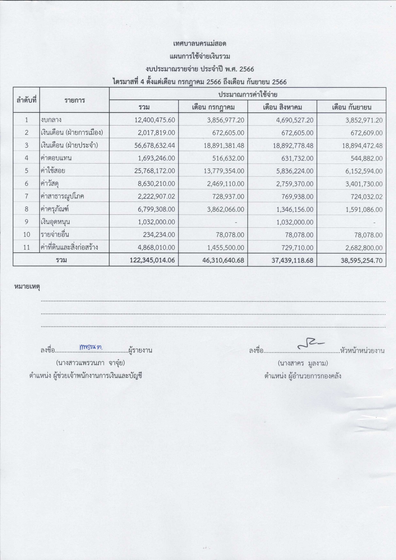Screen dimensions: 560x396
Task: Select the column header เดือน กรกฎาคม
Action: (x=213, y=107)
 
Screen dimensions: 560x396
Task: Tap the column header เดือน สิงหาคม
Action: (x=282, y=107)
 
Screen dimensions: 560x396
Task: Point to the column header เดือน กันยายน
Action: (x=351, y=107)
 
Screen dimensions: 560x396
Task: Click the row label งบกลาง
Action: (x=51, y=120)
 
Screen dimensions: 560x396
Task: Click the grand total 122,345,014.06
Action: (x=152, y=260)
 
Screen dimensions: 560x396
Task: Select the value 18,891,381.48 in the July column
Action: (x=224, y=146)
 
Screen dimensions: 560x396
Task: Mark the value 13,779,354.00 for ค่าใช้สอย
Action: (x=224, y=171)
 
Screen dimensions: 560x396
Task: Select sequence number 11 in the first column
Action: (x=27, y=248)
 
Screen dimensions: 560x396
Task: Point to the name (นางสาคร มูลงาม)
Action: (x=303, y=363)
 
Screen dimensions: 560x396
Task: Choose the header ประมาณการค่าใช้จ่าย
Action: (x=247, y=95)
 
